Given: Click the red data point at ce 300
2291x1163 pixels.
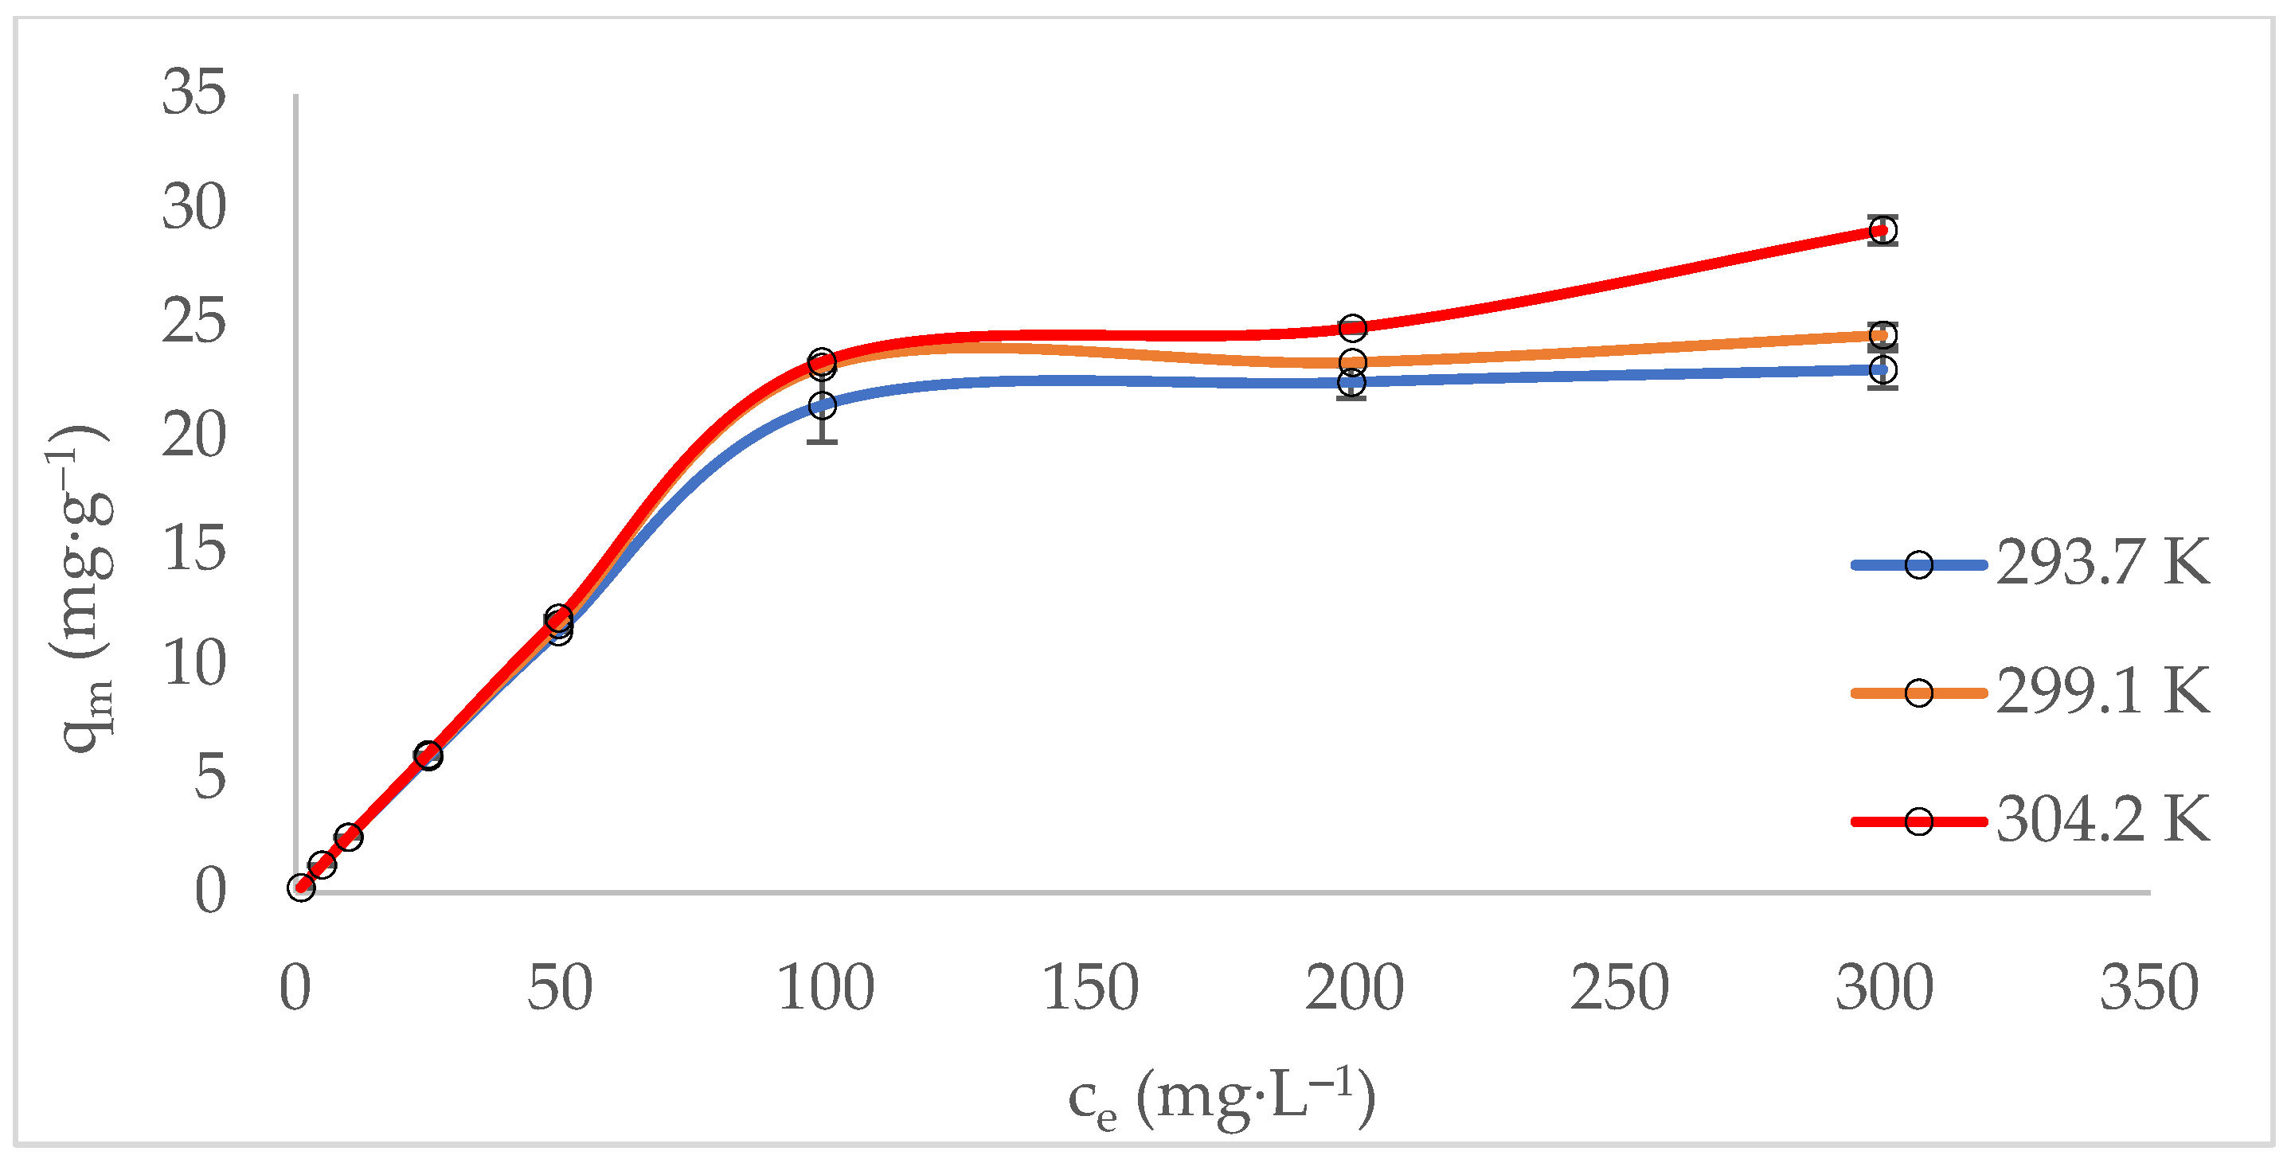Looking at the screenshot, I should click(x=1882, y=230).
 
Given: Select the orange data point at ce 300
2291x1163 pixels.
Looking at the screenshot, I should click(x=1882, y=335).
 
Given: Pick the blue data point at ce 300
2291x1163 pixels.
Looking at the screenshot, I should click(x=1882, y=369).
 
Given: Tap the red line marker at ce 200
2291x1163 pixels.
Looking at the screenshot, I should click(x=1352, y=328).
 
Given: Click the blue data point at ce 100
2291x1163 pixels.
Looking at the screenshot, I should click(x=823, y=406).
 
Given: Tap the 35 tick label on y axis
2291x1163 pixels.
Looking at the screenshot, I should click(x=193, y=92).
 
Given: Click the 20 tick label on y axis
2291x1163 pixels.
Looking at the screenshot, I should click(x=193, y=435).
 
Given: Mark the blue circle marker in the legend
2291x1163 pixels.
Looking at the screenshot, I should click(x=1918, y=564).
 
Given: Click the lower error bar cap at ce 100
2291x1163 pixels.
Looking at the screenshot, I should click(x=823, y=441).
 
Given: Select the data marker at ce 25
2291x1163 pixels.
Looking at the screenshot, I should click(x=428, y=755).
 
